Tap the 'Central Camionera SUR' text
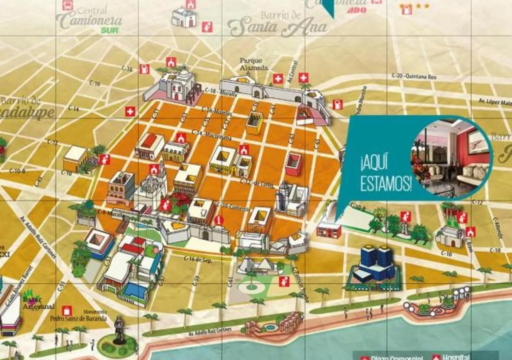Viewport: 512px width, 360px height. pos(90,19)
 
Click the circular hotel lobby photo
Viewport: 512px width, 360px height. pos(451,157)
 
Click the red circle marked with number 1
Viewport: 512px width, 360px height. pos(218,220)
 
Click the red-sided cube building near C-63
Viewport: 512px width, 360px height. pos(293,164)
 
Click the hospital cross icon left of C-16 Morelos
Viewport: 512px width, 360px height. pos(130,111)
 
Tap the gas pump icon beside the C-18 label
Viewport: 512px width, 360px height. pos(144,69)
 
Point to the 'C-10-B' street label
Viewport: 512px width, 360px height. pos(17,171)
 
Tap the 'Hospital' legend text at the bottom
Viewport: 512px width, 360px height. pos(456,357)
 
